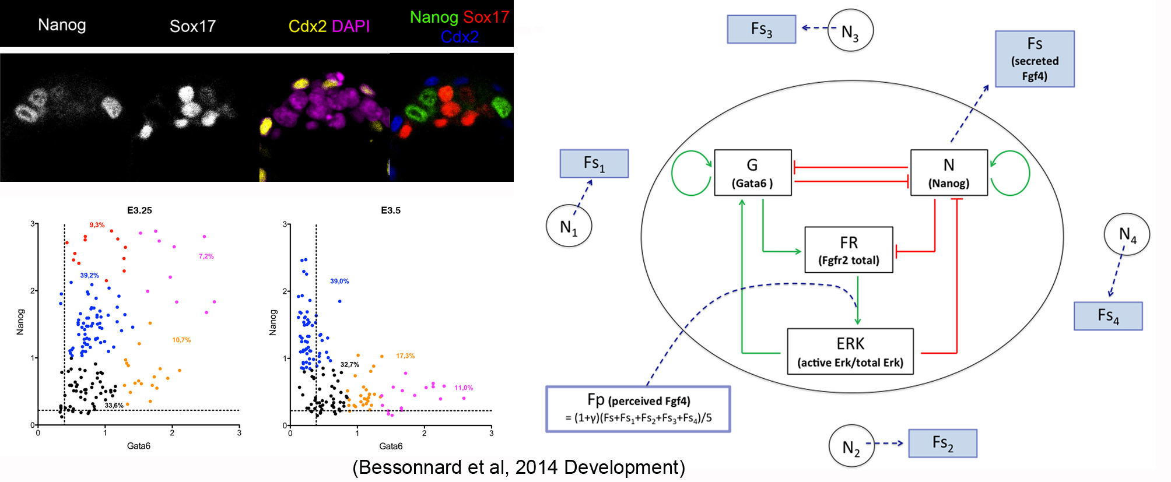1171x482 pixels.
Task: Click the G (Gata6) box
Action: pos(752,173)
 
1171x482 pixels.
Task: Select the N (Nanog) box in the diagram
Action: pos(948,173)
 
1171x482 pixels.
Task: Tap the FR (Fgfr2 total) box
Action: pos(849,249)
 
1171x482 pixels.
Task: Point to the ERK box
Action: pos(850,351)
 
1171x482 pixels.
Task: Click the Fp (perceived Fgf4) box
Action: pos(637,409)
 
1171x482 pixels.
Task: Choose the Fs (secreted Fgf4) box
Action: pos(1034,59)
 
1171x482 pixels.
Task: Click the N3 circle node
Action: pos(850,31)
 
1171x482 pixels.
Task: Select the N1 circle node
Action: pos(569,226)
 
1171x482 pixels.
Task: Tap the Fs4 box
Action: pos(1107,316)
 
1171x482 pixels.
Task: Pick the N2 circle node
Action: pos(851,446)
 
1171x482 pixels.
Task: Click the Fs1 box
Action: pos(594,163)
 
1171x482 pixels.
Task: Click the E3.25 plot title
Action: pos(139,210)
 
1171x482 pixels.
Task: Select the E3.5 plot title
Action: pos(391,210)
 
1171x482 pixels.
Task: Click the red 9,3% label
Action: pos(97,225)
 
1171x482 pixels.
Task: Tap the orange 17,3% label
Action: pos(405,356)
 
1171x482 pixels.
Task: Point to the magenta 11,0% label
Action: pos(464,388)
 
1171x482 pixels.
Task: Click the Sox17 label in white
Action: pos(192,26)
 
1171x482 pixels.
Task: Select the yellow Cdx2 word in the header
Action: pos(307,26)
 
